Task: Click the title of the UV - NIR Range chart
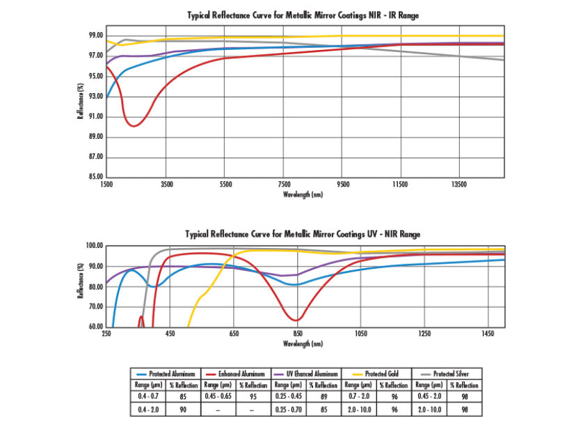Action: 303,234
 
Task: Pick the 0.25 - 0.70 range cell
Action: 288,409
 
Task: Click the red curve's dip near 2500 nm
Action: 134,126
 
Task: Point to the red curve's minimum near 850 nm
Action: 297,320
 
